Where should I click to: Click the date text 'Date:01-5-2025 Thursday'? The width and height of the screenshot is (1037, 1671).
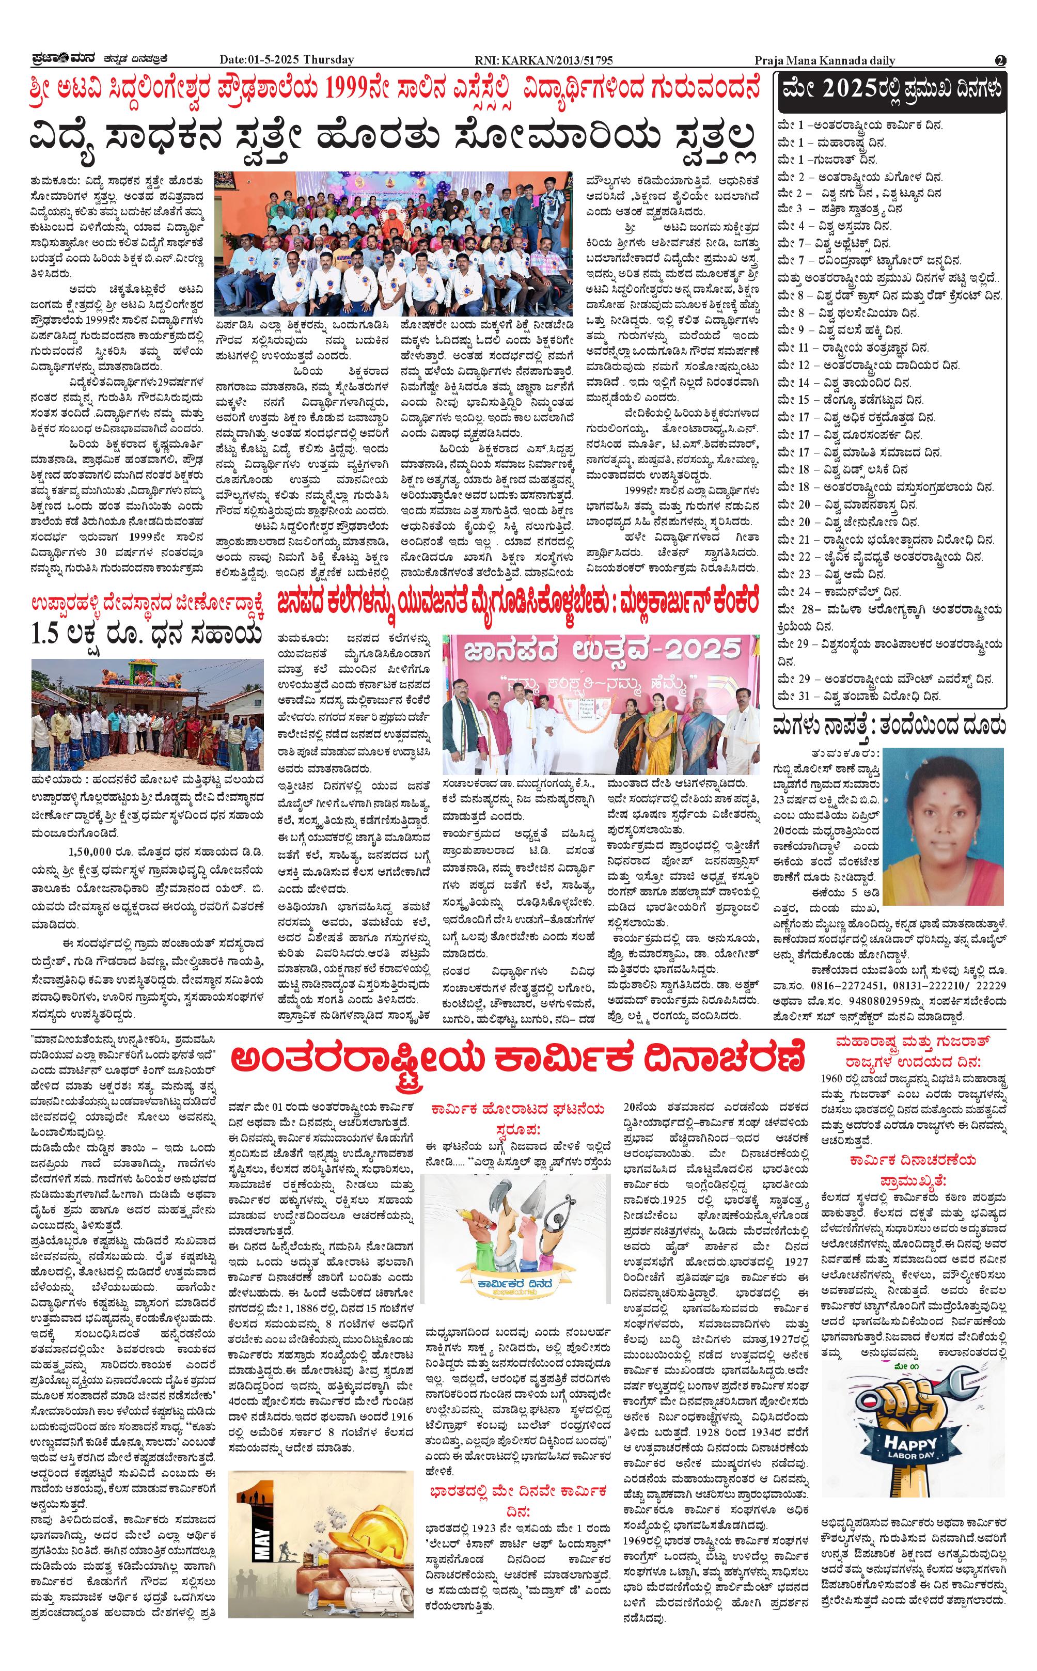(x=287, y=60)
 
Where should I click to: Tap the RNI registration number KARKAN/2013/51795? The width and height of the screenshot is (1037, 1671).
(x=543, y=60)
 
